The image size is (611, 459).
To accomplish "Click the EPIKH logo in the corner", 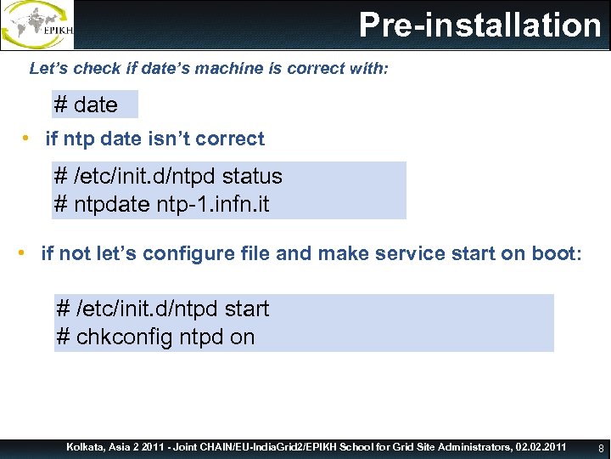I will click(x=38, y=25).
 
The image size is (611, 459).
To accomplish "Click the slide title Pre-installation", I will click(x=479, y=25).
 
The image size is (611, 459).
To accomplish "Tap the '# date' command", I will click(x=86, y=105).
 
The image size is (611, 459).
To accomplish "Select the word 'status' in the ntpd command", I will click(x=252, y=177).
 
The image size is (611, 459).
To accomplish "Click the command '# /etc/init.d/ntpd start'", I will click(x=162, y=309).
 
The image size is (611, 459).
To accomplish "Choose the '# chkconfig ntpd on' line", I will click(x=155, y=337).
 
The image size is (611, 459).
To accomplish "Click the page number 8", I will click(x=601, y=447).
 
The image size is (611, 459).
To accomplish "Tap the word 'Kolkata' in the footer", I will click(x=87, y=446).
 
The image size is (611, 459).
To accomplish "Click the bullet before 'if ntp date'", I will click(x=27, y=139).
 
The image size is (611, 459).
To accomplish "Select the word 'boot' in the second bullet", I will click(x=552, y=254).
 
